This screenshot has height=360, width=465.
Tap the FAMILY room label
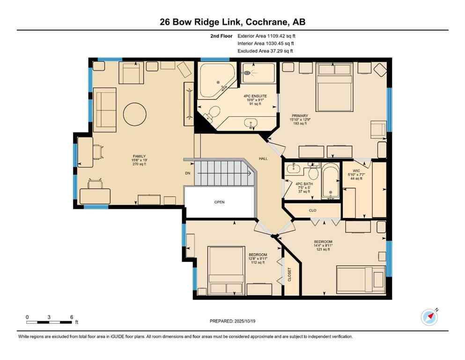pyautogui.click(x=139, y=156)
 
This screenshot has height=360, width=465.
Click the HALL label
pyautogui.click(x=263, y=159)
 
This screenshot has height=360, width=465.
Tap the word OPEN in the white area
pyautogui.click(x=219, y=202)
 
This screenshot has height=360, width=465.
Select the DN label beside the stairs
pyautogui.click(x=187, y=173)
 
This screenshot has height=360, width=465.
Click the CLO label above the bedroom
pyautogui.click(x=312, y=211)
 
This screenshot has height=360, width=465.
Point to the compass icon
pyautogui.click(x=429, y=317)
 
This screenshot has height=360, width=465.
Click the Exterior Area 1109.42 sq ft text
pyautogui.click(x=266, y=36)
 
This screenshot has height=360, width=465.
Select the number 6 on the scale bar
pyautogui.click(x=71, y=316)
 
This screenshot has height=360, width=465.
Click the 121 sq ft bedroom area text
pyautogui.click(x=323, y=250)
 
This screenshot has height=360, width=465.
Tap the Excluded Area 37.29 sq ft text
pyautogui.click(x=266, y=51)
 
